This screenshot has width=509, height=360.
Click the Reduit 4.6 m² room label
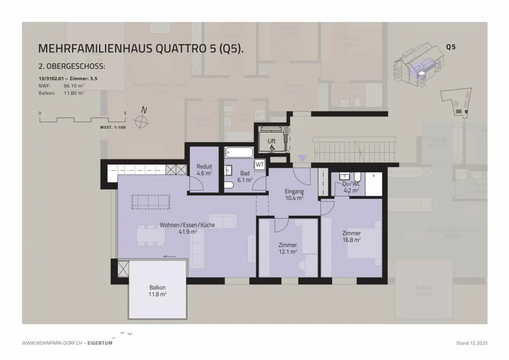(x=204, y=170)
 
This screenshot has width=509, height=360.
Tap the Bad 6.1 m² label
(x=245, y=176)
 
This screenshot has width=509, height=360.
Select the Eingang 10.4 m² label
(x=294, y=194)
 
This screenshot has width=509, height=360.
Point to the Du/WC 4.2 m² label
(x=351, y=187)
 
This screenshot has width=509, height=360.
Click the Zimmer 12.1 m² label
(x=287, y=248)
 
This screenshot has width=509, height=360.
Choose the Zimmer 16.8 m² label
(x=351, y=236)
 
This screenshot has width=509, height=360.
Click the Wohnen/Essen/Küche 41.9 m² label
(x=187, y=228)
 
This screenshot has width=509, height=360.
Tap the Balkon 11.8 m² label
(x=157, y=291)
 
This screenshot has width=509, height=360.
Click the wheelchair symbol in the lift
(x=272, y=147)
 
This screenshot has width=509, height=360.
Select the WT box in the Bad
(x=260, y=164)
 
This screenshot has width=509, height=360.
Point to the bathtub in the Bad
(x=239, y=152)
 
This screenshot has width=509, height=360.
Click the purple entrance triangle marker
(x=302, y=158)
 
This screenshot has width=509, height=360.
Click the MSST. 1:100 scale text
(x=113, y=127)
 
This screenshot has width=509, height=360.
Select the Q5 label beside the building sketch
(x=451, y=47)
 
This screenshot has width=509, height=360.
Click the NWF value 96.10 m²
(x=74, y=86)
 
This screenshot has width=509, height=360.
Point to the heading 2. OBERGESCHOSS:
(x=72, y=66)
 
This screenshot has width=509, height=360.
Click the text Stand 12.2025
(x=472, y=343)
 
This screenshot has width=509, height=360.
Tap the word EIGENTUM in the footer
(x=100, y=343)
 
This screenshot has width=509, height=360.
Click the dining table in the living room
(x=151, y=235)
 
